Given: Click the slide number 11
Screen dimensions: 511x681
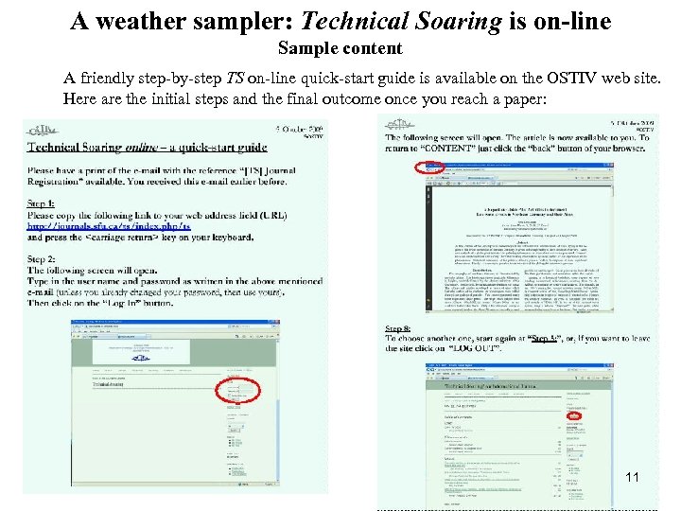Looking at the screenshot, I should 633,477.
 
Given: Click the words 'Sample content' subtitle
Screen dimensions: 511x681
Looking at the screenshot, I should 340,48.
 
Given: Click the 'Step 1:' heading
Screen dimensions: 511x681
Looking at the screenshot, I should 41,203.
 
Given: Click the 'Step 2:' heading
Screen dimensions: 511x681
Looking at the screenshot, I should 41,259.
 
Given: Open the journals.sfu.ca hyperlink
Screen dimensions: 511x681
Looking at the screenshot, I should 109,226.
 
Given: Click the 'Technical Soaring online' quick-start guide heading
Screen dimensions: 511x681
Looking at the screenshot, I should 147,147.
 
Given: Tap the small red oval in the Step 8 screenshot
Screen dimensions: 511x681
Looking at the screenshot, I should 573,414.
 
